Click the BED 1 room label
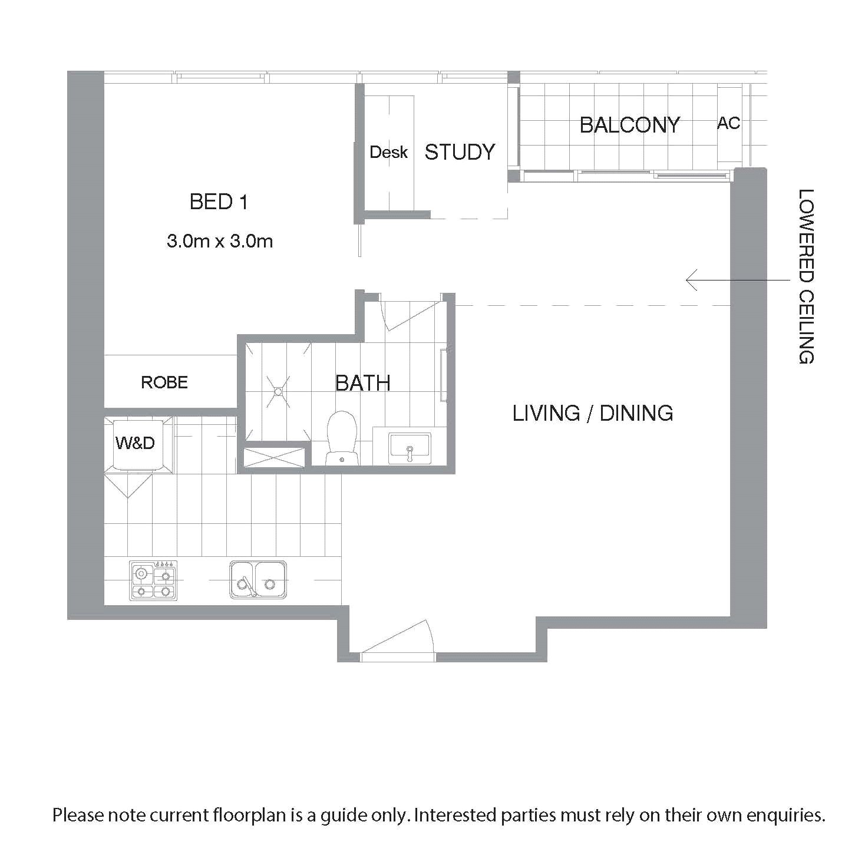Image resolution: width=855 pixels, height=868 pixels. tap(219, 202)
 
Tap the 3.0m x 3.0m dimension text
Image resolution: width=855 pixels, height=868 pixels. tap(220, 242)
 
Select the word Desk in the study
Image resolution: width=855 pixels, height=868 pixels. tap(388, 152)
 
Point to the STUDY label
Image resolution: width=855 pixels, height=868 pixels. tap(460, 152)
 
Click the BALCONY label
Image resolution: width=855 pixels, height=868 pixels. tap(630, 125)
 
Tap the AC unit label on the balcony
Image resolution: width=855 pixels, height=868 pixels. tap(728, 123)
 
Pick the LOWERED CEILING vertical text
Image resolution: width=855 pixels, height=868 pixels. tap(806, 276)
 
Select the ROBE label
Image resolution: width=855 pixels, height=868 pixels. tap(164, 382)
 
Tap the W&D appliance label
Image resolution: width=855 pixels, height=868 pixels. tap(135, 443)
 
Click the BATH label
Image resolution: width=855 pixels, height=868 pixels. tap(362, 383)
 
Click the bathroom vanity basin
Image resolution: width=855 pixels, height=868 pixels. tap(410, 448)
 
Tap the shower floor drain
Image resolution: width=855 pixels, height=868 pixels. tap(278, 391)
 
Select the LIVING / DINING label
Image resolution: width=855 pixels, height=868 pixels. tap(593, 413)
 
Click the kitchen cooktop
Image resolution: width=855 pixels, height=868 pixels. tap(154, 580)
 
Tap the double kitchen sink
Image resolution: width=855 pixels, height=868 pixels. tap(258, 580)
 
